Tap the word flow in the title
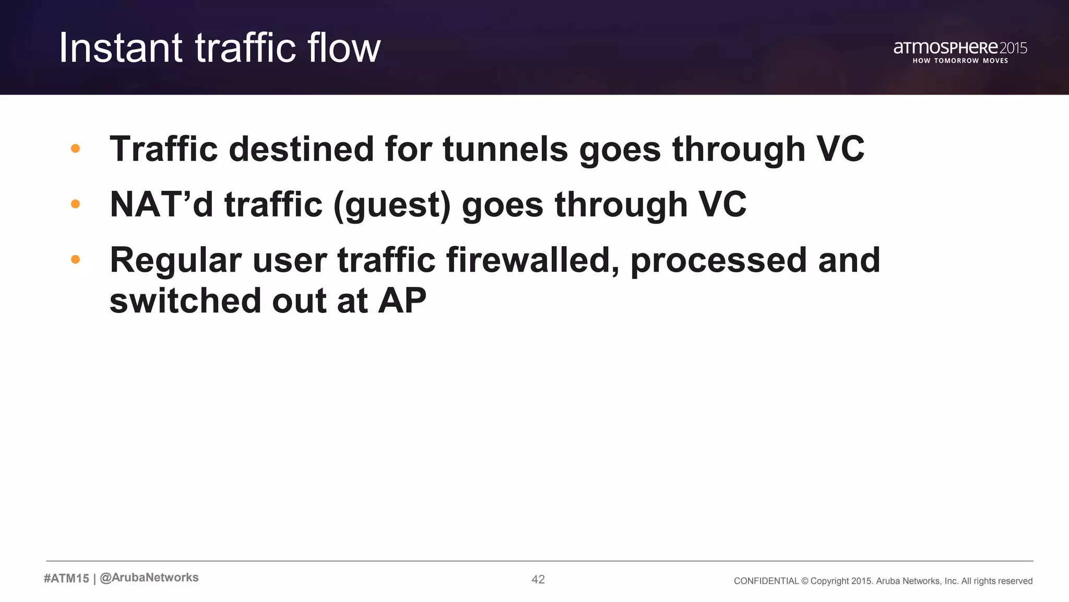pos(344,48)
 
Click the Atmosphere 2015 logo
pos(960,48)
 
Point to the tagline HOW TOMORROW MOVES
pos(960,61)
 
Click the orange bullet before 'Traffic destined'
pos(75,148)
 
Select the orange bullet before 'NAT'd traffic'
pos(75,204)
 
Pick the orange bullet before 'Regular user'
pos(75,259)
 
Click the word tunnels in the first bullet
pos(505,149)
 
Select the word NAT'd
pos(161,204)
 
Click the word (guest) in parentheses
pos(391,205)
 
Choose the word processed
pos(718,260)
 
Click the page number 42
pos(538,579)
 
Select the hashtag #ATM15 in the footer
pos(66,578)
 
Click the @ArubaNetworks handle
pos(149,577)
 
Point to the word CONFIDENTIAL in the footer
pos(766,581)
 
